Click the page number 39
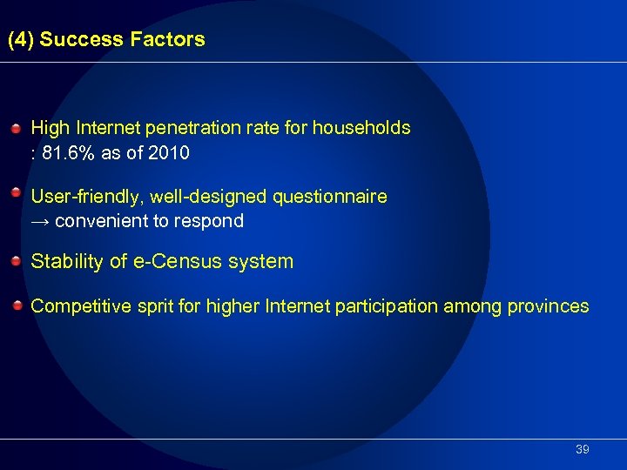(583, 450)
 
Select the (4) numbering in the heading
(21, 39)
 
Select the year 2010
(169, 153)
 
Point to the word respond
(212, 221)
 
